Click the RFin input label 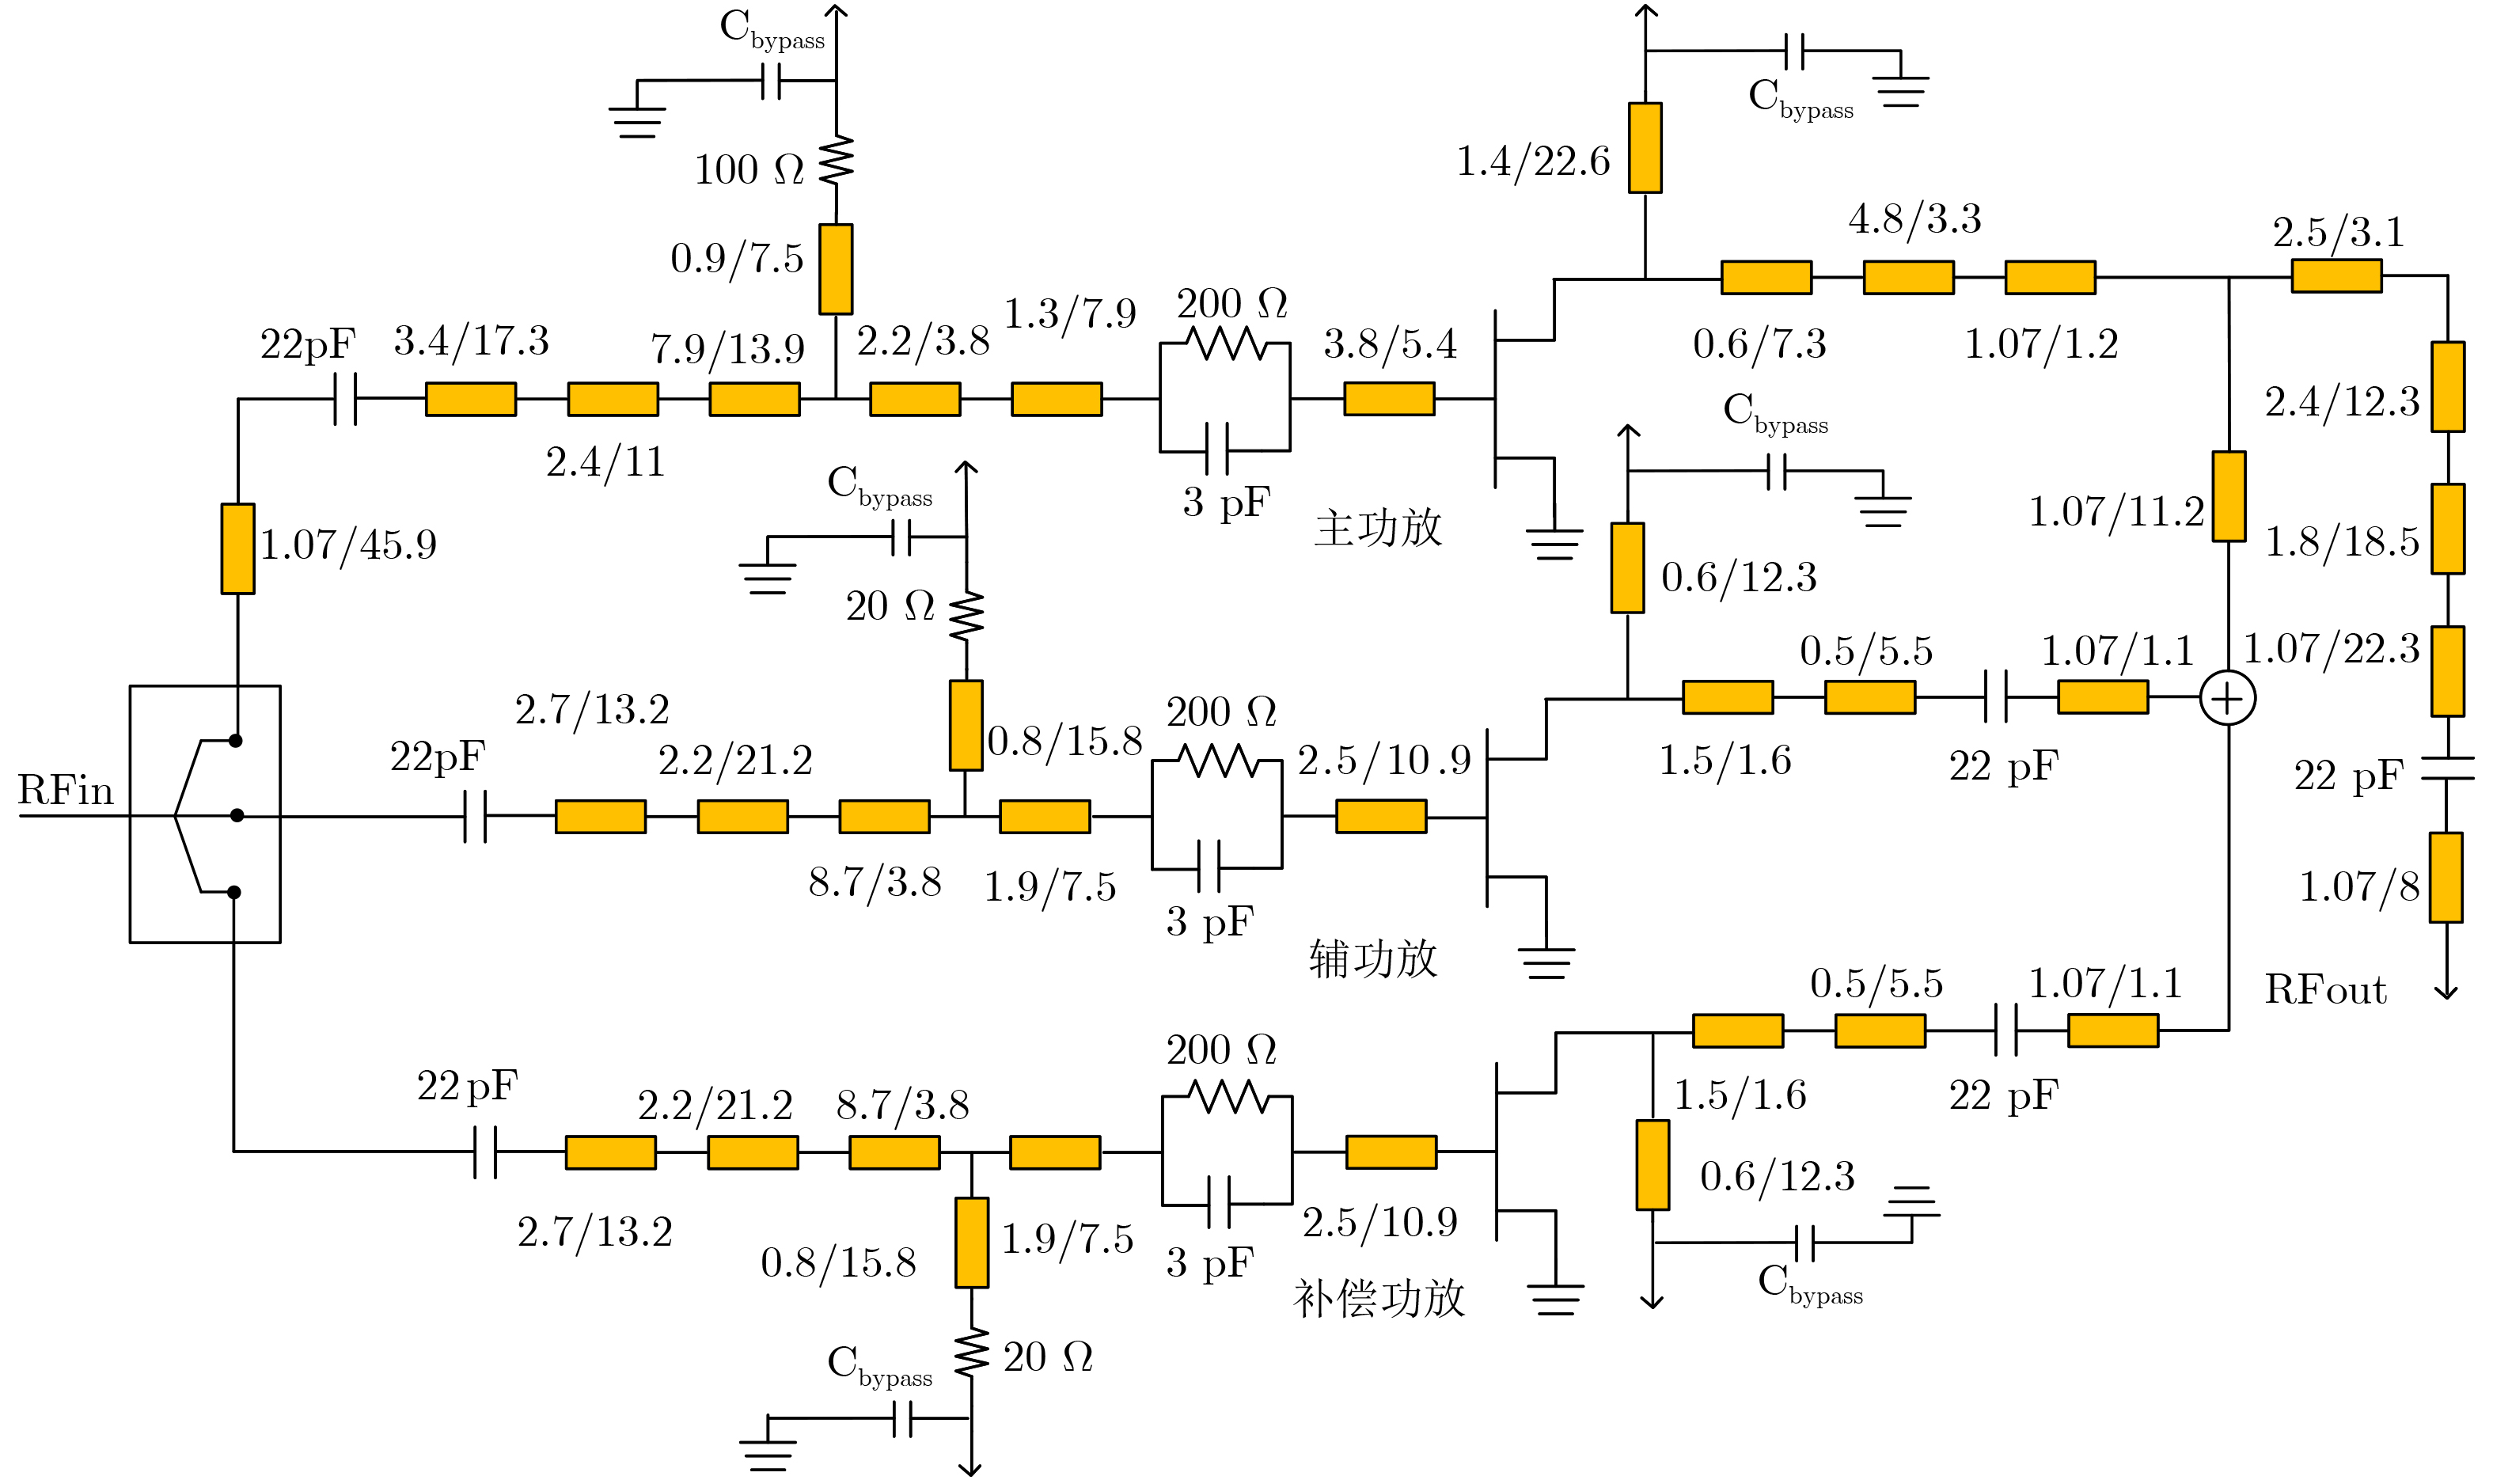pos(66,791)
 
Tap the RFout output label pos(2325,990)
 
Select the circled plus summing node pos(2228,698)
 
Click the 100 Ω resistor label pos(748,169)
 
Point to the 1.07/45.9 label pos(348,545)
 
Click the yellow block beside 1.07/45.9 pos(237,548)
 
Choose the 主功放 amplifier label pos(1378,528)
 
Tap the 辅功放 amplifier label pos(1373,959)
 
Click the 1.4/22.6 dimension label pos(1533,161)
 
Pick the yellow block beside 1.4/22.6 pos(1645,147)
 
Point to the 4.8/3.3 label pos(1914,219)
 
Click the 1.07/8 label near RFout pos(2359,886)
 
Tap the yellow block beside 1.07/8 pos(2446,878)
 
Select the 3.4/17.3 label pos(471,341)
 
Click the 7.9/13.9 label pos(727,349)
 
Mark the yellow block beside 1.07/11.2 pos(2229,497)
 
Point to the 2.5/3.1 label pos(2339,233)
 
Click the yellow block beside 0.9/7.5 pos(836,269)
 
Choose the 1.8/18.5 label pos(2341,542)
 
